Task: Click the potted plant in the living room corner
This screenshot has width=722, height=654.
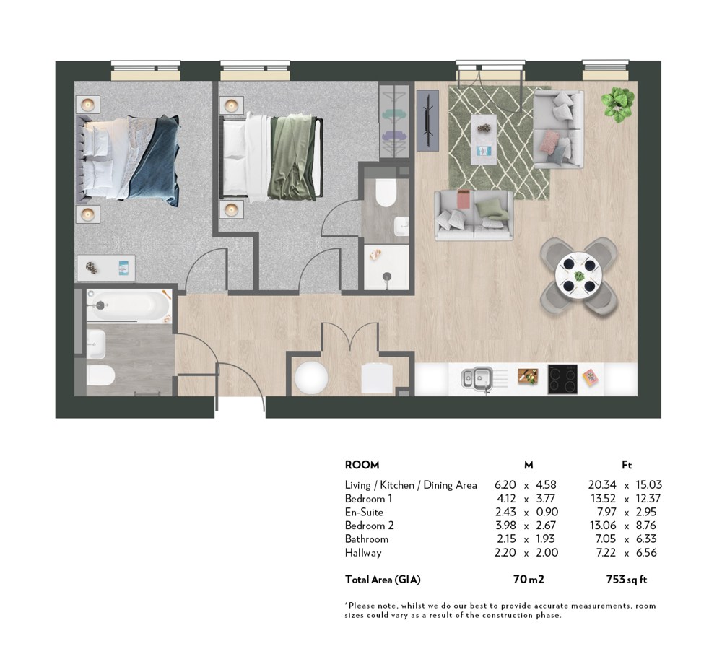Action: [617, 104]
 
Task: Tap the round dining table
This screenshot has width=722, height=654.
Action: [578, 276]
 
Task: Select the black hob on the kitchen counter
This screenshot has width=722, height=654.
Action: [562, 379]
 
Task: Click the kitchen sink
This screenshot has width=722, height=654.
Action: [477, 379]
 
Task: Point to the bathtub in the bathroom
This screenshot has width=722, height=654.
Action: [129, 305]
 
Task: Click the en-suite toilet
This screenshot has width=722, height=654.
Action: [386, 193]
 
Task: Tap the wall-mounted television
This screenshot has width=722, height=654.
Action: [427, 120]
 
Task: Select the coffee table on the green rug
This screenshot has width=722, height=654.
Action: [484, 140]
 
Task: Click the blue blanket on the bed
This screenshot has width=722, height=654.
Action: [155, 160]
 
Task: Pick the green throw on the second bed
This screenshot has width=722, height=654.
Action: [292, 158]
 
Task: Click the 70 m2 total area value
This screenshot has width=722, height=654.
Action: [529, 580]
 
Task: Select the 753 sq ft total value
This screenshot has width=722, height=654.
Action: [626, 580]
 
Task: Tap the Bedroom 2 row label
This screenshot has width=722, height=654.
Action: [369, 526]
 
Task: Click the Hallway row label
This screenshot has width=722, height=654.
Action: [363, 553]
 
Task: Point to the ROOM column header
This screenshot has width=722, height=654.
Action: [362, 465]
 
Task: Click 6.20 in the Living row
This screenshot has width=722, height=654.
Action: [505, 485]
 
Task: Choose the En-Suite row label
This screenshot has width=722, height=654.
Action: [364, 513]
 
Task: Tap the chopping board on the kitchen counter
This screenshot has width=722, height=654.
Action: [528, 376]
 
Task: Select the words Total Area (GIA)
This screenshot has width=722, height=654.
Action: [383, 580]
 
